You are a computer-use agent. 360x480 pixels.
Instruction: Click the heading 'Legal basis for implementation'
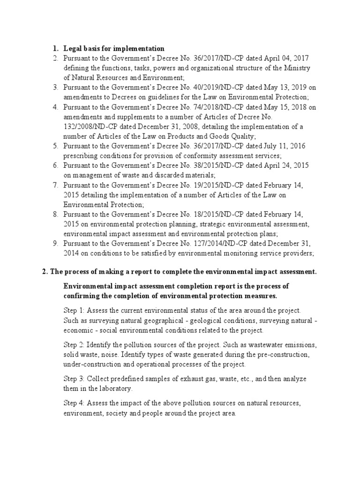coord(114,48)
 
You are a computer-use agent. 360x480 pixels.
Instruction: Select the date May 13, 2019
coord(281,88)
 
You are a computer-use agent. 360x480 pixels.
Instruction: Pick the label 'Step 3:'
coord(74,379)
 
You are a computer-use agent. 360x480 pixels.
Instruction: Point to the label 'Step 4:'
coord(74,403)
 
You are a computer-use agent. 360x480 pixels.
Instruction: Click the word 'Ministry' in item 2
coord(296,68)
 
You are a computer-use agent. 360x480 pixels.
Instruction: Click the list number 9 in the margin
coord(55,244)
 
